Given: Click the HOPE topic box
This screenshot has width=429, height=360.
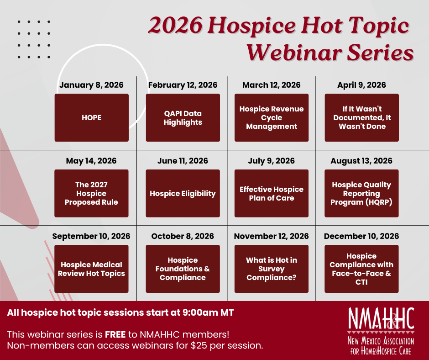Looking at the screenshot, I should [x=91, y=117].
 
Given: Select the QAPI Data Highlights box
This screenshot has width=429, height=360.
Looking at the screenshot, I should [x=183, y=117].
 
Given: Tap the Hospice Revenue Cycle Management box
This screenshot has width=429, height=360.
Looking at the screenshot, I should [x=272, y=117].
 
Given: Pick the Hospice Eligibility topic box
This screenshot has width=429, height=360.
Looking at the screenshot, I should [x=183, y=193].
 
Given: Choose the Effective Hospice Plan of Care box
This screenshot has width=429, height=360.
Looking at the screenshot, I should [x=272, y=193].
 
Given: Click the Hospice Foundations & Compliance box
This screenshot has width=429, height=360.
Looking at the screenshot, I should [x=183, y=269].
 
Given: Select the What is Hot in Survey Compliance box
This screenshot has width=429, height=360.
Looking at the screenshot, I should [x=272, y=269].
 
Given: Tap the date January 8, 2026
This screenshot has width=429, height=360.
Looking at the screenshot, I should [x=91, y=85].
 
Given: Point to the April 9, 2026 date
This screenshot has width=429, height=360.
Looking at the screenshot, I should [x=361, y=85].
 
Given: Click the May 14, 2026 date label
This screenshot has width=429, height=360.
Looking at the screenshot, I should [x=91, y=161].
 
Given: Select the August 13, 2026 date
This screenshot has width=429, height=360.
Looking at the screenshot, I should [x=361, y=161].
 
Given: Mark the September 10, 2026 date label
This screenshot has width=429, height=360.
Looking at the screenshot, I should [x=91, y=236].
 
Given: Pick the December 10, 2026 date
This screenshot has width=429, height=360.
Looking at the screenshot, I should [x=361, y=236].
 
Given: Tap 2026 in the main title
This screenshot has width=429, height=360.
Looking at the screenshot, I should [x=175, y=26].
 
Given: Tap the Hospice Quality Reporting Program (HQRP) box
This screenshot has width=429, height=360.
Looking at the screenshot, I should [x=361, y=193].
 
